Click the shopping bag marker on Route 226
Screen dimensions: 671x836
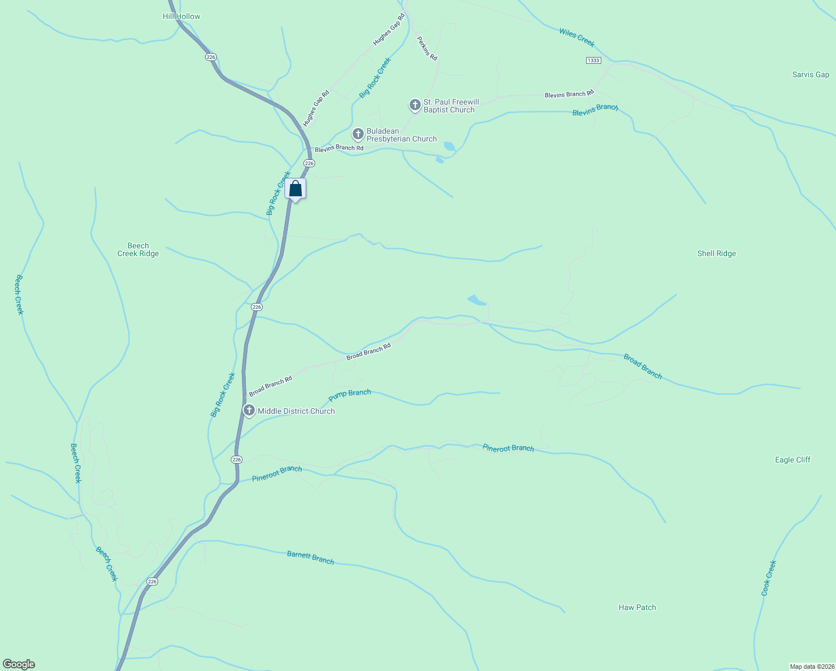295,189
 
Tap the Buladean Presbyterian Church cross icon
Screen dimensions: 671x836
358,134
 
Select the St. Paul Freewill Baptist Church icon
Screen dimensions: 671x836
415,105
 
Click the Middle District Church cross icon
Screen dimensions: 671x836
249,410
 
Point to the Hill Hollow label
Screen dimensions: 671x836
181,16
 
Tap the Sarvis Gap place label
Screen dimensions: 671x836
810,74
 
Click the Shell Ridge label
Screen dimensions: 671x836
716,253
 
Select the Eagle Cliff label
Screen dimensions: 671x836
792,460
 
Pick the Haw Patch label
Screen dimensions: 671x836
637,607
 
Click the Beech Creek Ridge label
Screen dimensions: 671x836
138,249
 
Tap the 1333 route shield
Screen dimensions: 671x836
593,60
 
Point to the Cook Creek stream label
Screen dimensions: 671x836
769,578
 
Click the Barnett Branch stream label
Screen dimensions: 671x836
310,557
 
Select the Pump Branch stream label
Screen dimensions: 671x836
350,395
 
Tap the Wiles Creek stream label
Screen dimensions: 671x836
577,37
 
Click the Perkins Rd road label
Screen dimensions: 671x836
427,49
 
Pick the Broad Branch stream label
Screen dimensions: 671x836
643,367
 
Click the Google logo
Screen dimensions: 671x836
19,664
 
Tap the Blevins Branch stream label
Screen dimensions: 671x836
595,110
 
